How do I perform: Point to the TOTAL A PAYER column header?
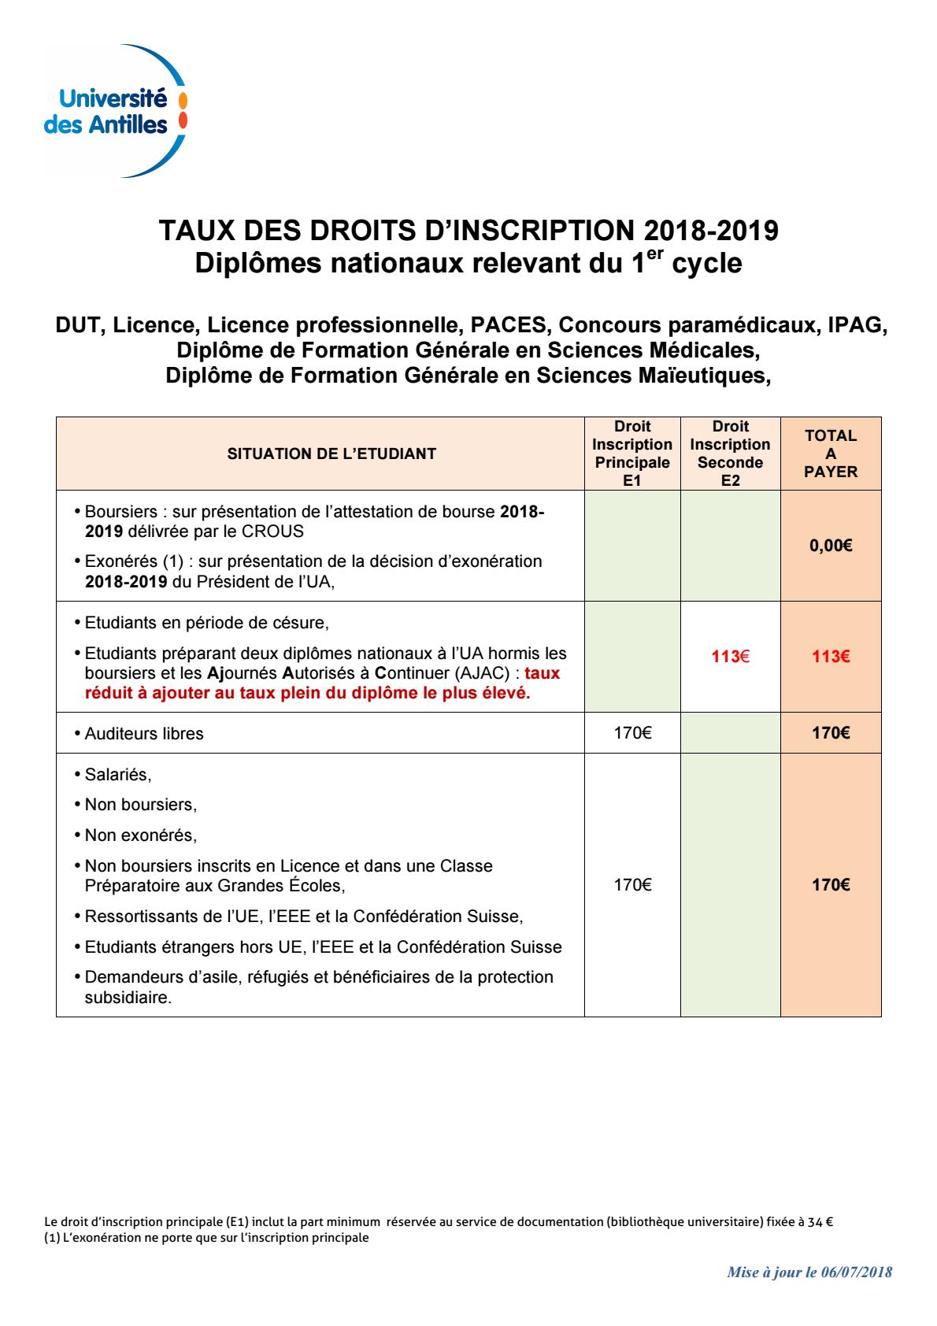point(831,454)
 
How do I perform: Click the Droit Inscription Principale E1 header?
point(632,454)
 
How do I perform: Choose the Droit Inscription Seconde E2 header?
point(730,454)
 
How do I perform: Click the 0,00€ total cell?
point(831,546)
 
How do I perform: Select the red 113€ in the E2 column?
point(730,657)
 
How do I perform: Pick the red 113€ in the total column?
point(831,657)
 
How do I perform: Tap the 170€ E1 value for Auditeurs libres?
point(632,734)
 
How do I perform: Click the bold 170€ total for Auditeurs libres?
point(831,734)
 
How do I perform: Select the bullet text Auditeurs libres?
point(144,734)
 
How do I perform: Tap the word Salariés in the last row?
point(118,775)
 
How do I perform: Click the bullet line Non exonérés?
point(141,835)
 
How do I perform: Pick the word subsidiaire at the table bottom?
point(128,998)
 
